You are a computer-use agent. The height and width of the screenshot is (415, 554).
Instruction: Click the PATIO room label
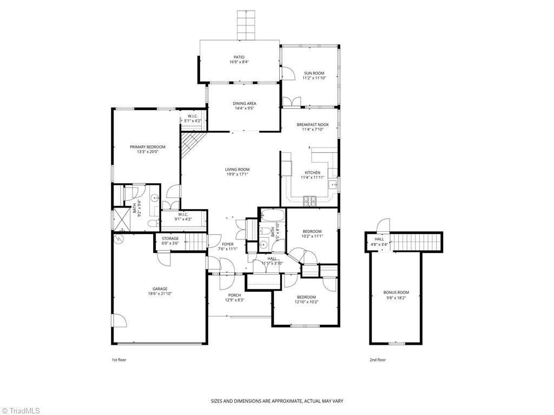[239, 57]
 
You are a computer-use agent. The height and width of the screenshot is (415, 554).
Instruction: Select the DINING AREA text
[245, 103]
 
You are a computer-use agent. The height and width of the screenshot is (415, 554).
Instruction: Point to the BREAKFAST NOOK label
[312, 124]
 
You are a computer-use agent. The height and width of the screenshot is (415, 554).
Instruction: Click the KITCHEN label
[312, 172]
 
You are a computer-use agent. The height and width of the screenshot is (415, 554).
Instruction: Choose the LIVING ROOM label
[238, 169]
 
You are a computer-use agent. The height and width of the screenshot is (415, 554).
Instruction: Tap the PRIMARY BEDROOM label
[147, 146]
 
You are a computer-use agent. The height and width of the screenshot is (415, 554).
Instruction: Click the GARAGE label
[160, 289]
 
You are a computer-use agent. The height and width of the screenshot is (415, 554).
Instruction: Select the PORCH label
[234, 295]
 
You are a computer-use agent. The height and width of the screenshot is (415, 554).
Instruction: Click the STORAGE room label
[170, 238]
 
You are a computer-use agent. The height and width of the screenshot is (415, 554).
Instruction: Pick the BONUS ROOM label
[396, 292]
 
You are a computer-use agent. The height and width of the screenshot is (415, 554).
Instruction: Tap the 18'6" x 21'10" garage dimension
[160, 294]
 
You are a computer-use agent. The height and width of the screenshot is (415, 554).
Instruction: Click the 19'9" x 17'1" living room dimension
[238, 175]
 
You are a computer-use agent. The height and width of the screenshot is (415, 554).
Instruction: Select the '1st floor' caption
[119, 359]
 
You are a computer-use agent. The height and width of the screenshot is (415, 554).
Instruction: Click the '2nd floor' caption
[378, 359]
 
